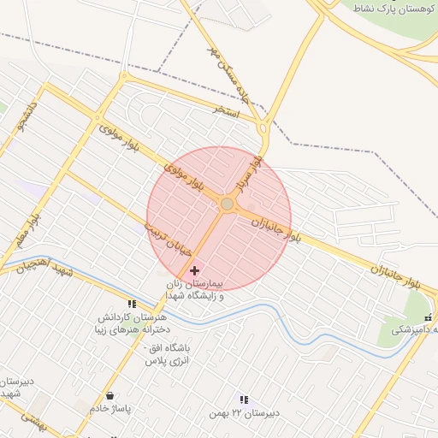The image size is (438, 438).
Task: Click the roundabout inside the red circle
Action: tap(227, 204)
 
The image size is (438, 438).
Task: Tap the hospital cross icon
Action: tap(195, 270)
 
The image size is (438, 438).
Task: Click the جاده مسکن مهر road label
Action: tap(228, 62)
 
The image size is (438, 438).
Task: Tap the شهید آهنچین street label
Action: tap(48, 267)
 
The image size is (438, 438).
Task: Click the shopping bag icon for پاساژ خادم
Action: tap(110, 395)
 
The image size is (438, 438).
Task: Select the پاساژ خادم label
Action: tap(110, 409)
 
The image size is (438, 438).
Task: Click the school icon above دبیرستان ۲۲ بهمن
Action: tap(245, 400)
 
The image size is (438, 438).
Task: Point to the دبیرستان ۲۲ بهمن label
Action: tap(245, 414)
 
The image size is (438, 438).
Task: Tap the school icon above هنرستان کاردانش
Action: tap(132, 303)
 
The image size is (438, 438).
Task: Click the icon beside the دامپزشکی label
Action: tap(428, 317)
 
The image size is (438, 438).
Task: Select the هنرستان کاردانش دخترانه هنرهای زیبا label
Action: tap(132, 323)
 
